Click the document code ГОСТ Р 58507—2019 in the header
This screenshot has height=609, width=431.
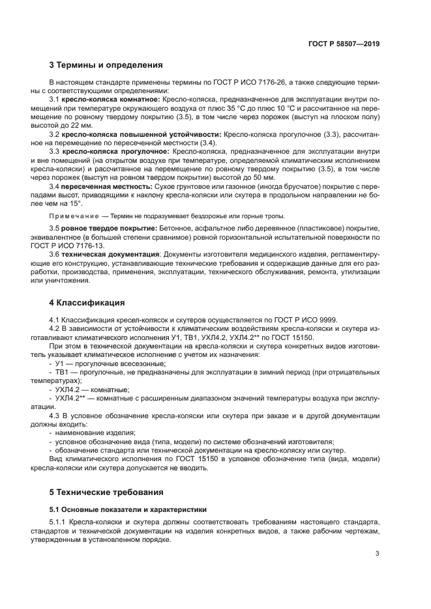(344, 44)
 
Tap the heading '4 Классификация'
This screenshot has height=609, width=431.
(87, 303)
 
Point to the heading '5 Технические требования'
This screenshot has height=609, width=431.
(106, 492)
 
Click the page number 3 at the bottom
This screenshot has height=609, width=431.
(378, 554)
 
